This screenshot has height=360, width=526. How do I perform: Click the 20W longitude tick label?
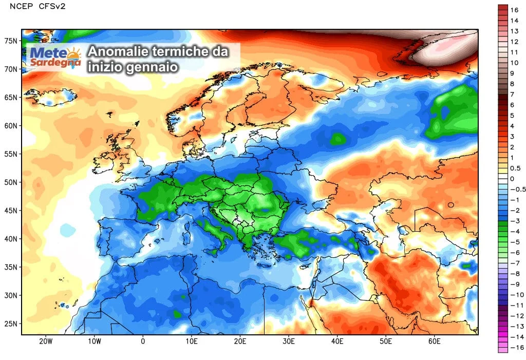(46, 341)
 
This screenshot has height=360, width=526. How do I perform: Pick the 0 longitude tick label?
(143, 341)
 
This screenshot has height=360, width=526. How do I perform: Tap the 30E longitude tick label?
(289, 341)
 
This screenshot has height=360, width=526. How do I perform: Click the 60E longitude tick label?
(435, 341)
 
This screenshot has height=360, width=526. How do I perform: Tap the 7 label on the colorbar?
(512, 94)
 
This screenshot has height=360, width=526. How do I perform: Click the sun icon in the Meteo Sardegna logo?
(73, 53)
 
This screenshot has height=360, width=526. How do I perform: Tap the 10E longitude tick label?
(192, 341)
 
